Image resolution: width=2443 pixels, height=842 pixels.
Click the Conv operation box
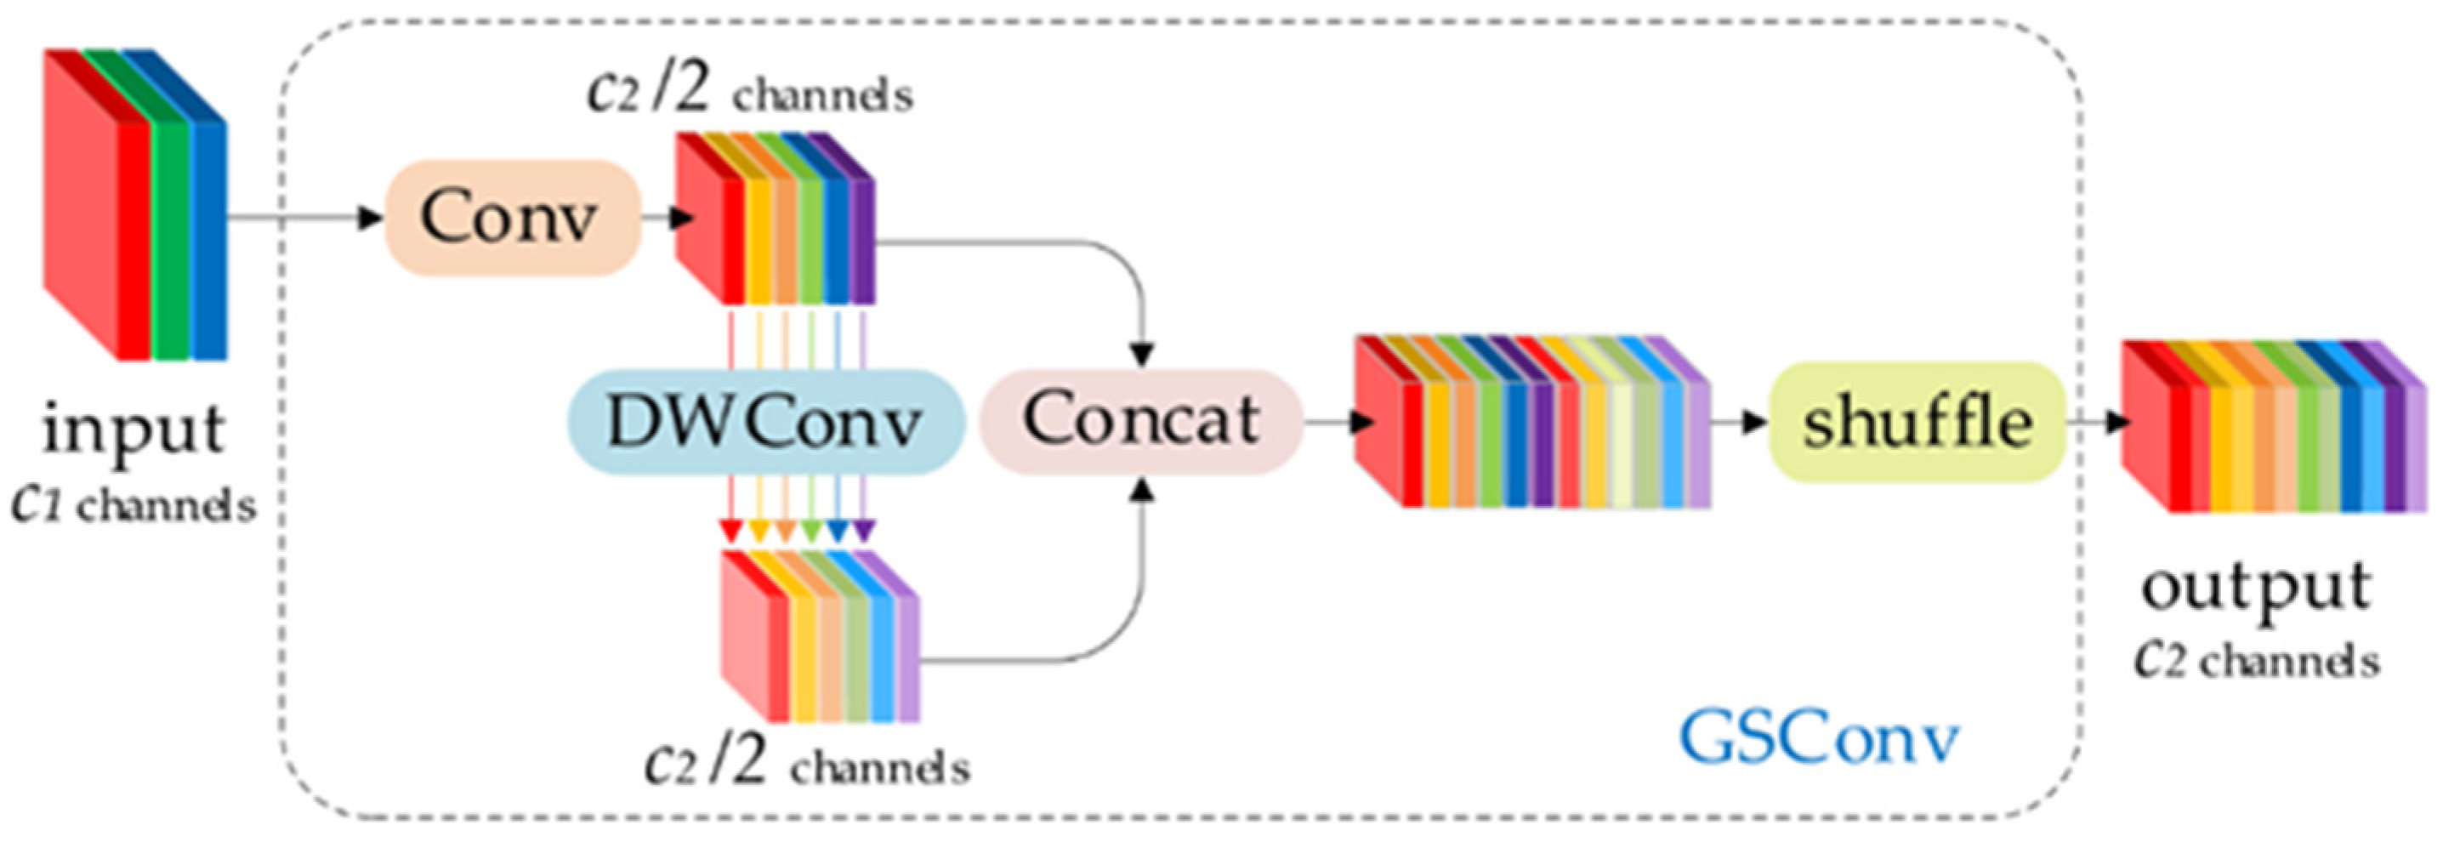[x=511, y=218]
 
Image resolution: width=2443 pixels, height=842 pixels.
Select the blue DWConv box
[x=764, y=421]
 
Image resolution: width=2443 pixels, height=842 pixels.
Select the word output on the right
[x=2256, y=589]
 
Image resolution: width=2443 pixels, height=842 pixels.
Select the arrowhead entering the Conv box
[x=370, y=218]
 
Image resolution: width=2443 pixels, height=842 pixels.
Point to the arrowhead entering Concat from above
[x=1145, y=355]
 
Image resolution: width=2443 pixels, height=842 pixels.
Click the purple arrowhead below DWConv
[x=863, y=533]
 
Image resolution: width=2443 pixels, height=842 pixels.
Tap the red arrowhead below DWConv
[x=730, y=533]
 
